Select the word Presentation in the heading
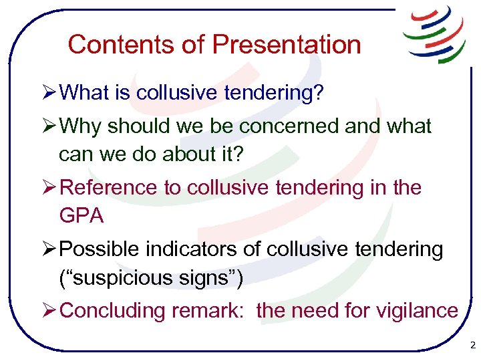click(x=287, y=45)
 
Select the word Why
click(x=81, y=126)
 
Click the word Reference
click(x=109, y=188)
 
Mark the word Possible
click(x=100, y=249)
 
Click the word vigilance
click(x=418, y=311)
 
